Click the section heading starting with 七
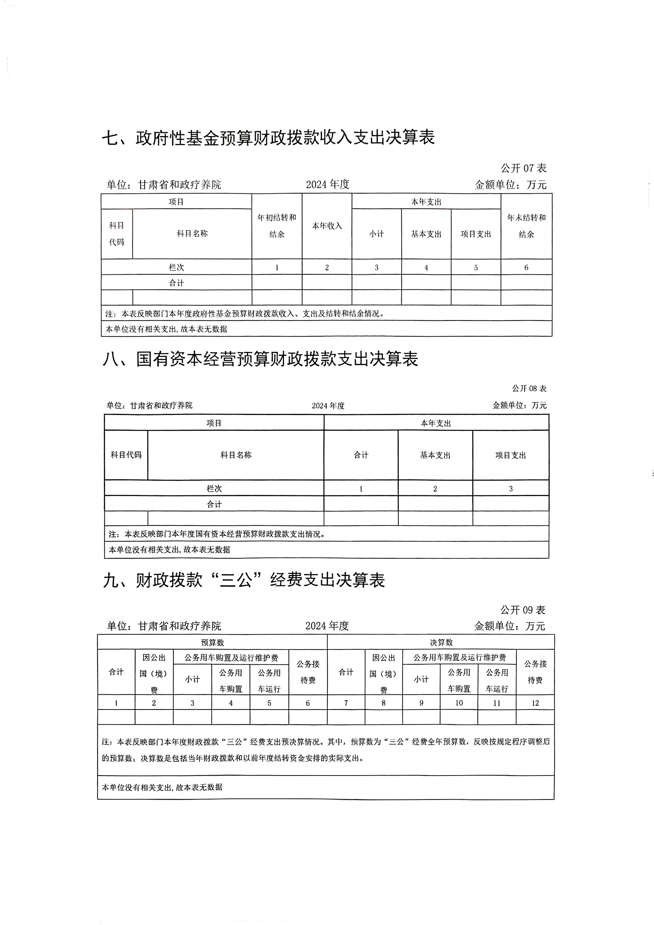268,138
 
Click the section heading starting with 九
244,580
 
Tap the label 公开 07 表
524,168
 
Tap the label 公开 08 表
529,388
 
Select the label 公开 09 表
523,610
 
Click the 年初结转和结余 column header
277,226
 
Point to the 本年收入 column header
327,226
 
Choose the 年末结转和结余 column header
526,226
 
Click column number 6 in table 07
526,268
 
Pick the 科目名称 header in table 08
236,455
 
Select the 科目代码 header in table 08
126,455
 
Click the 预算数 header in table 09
213,642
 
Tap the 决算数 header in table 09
441,642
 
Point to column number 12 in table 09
535,703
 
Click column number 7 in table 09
346,703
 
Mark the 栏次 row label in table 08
214,488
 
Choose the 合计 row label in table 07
177,283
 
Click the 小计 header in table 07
377,234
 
